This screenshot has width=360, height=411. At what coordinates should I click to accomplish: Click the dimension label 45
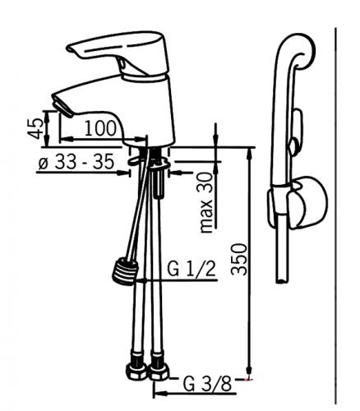click(35, 128)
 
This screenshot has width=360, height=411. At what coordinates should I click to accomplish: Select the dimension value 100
click(100, 128)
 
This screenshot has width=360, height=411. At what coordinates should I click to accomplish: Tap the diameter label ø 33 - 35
click(76, 161)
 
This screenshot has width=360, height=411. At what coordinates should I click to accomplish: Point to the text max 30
click(206, 202)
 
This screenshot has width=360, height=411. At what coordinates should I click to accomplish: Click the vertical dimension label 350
click(239, 259)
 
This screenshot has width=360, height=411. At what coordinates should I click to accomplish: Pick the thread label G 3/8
click(207, 384)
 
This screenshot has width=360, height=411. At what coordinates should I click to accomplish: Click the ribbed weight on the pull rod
click(125, 271)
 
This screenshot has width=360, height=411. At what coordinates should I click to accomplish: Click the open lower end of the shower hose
click(282, 280)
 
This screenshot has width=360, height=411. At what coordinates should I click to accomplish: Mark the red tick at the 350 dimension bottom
click(249, 380)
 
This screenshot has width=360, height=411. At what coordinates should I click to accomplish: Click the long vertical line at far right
click(336, 216)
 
